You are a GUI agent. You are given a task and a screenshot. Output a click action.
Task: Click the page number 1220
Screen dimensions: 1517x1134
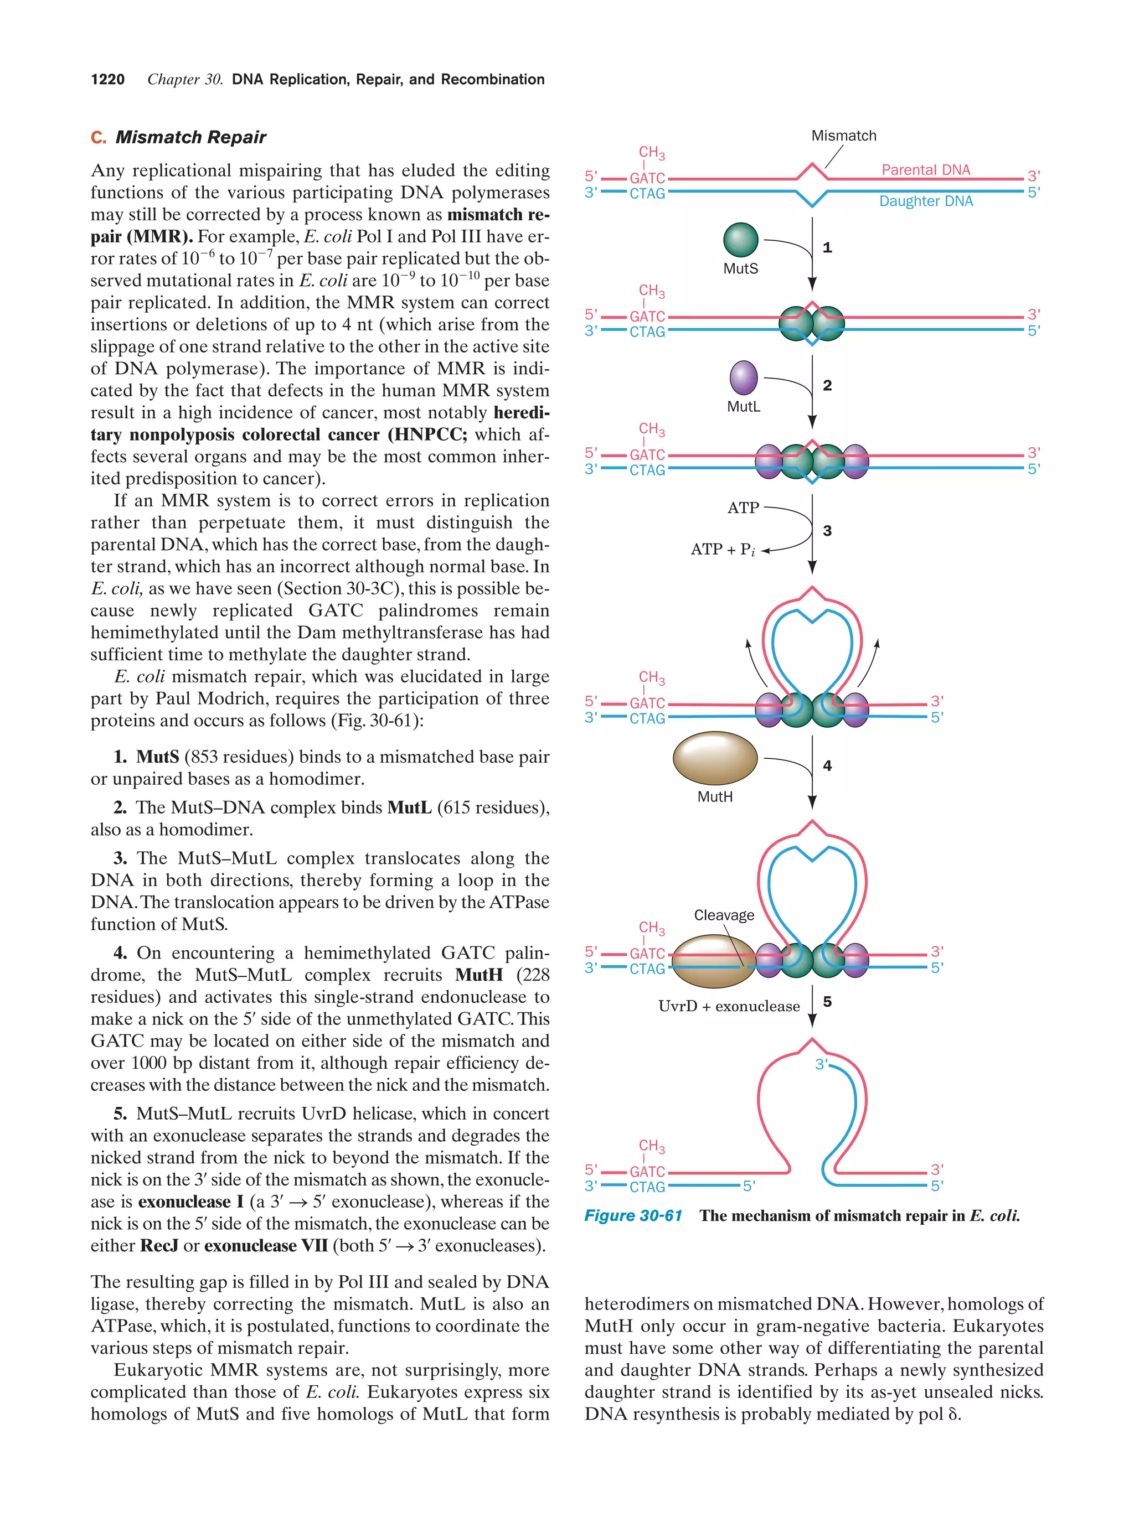pos(108,80)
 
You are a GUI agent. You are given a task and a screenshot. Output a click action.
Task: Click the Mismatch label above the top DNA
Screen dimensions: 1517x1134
pos(843,136)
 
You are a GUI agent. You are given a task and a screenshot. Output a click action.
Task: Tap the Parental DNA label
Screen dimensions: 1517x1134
pos(925,169)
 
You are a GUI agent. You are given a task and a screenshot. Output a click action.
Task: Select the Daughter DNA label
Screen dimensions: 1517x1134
pos(925,201)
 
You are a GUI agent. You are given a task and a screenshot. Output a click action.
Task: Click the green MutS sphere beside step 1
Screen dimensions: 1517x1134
pos(740,239)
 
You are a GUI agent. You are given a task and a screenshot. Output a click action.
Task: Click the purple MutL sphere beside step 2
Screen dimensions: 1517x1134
pos(743,378)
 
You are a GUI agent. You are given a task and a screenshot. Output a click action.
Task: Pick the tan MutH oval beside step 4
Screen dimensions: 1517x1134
pos(715,758)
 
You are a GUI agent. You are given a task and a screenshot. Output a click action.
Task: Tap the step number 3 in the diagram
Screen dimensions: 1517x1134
pos(827,531)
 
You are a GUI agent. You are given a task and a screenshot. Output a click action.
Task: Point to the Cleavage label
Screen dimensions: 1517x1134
pos(723,915)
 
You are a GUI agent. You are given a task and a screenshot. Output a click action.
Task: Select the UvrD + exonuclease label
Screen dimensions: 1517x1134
pos(729,1006)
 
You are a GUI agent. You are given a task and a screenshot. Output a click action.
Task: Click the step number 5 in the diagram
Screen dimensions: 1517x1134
pos(827,1002)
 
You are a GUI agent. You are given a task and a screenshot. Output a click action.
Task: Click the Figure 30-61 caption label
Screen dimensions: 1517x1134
pos(632,1216)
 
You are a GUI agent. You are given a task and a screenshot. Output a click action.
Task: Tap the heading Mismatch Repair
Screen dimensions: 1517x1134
pos(190,137)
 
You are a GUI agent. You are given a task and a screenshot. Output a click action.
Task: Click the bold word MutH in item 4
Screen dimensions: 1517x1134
pos(479,975)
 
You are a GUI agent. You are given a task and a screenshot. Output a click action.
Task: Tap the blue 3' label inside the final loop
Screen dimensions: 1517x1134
pos(821,1064)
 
